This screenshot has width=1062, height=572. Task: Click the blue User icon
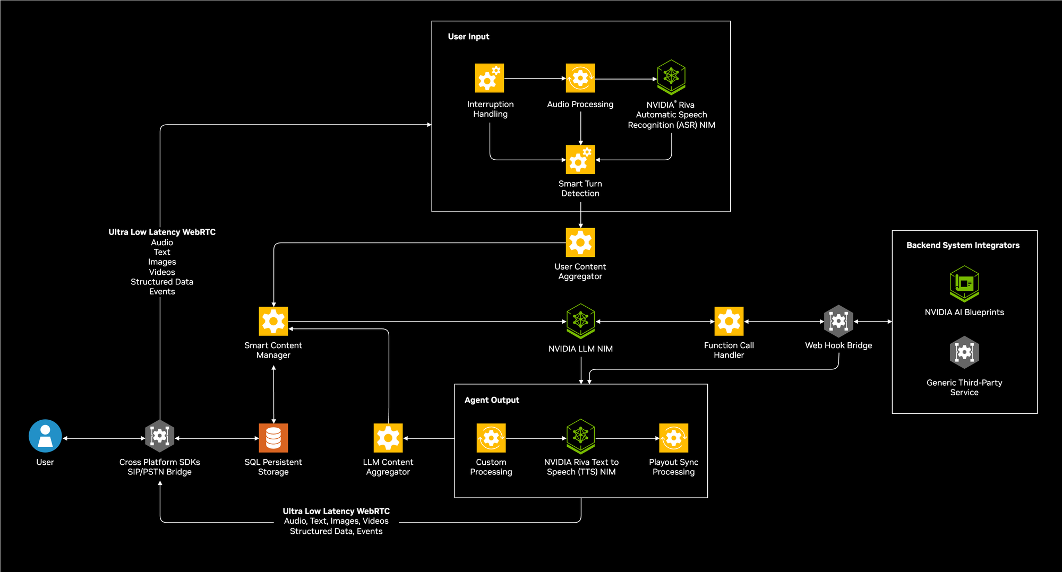coord(45,436)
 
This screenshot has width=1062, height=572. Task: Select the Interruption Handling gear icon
coord(489,78)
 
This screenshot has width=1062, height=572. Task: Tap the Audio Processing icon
coord(580,78)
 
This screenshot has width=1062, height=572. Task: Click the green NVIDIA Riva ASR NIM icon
coord(671,77)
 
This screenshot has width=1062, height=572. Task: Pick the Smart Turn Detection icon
coord(580,159)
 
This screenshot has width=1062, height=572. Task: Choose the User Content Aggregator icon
coord(580,242)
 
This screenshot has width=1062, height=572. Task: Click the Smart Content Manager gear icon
coord(273,321)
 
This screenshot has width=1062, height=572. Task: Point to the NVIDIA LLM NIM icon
coord(580,320)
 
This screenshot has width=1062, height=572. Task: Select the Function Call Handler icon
coord(729,321)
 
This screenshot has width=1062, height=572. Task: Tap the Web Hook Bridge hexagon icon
coord(838,321)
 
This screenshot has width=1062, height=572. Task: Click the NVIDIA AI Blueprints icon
coord(964,283)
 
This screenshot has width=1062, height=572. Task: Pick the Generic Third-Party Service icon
coord(964,352)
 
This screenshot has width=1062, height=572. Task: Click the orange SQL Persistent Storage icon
coord(273,438)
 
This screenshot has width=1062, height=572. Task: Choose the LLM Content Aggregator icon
coord(388,438)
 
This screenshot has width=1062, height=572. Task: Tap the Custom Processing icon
coord(491,438)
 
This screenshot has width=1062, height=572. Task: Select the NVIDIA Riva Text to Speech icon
coord(580,436)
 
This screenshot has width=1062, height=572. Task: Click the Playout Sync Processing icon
coord(673,438)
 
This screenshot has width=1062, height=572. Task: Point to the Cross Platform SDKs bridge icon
coord(160,436)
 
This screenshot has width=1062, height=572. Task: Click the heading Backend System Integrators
coord(963,245)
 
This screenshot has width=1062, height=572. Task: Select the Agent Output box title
coord(492,400)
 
